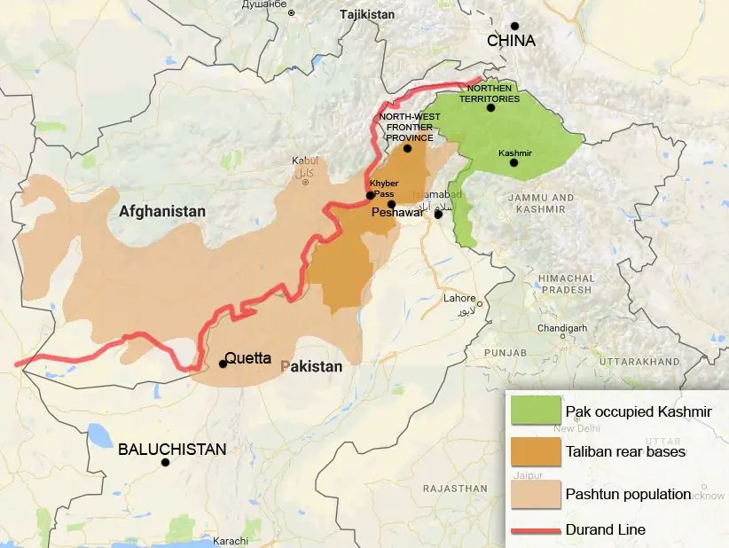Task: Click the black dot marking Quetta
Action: (223, 364)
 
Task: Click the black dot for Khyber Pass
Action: (370, 195)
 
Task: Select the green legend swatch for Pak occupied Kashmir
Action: (535, 411)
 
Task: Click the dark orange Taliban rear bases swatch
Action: (535, 451)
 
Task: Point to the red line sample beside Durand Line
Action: (535, 530)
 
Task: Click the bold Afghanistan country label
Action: (162, 212)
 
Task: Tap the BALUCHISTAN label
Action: (172, 449)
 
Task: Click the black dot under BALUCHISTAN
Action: (165, 463)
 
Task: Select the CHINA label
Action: (511, 41)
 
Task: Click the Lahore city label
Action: (459, 299)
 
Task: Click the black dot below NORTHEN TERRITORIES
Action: (490, 108)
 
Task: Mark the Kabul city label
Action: (304, 160)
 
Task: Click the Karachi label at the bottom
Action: (230, 541)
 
